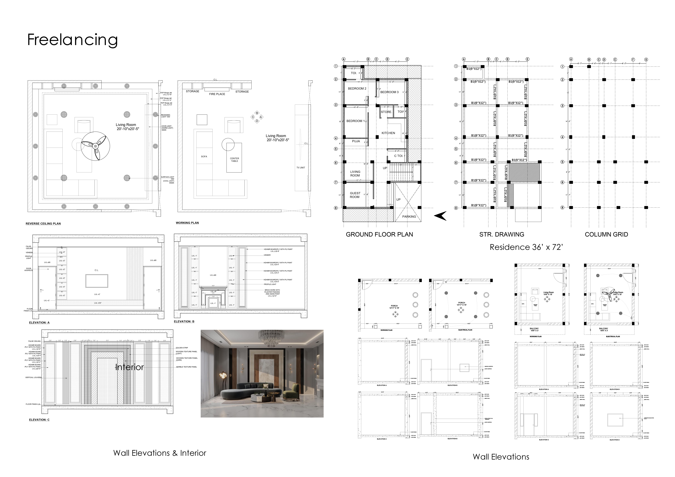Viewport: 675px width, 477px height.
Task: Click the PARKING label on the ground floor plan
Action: coord(409,217)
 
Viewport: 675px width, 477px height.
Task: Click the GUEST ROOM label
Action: coord(355,195)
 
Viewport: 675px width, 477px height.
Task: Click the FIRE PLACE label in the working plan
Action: coord(217,94)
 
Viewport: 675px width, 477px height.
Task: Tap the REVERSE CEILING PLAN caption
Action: coord(43,224)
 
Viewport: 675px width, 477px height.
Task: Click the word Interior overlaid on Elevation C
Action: coord(129,367)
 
